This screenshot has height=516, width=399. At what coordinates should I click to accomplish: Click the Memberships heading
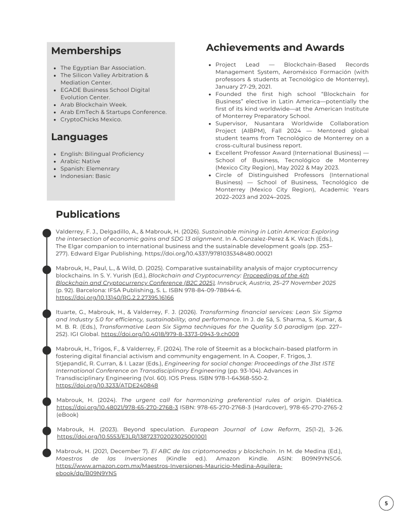tap(86, 51)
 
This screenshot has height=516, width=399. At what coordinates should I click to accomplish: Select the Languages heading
tap(79, 137)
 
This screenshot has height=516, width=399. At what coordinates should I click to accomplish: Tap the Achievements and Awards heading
tap(275, 48)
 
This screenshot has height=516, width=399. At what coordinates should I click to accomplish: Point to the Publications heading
tap(88, 214)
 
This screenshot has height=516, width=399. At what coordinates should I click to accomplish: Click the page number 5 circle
tap(386, 503)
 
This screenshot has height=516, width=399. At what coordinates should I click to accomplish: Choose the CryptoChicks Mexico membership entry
tap(91, 120)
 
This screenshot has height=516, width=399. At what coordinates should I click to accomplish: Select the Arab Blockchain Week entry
tap(93, 104)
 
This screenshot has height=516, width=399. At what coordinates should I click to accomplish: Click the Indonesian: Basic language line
tap(85, 176)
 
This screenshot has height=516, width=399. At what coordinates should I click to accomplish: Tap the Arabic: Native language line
tap(80, 161)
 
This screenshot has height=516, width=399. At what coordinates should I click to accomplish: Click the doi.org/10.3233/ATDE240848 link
tap(107, 385)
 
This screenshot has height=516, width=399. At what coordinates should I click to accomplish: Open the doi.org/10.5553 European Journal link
tap(132, 436)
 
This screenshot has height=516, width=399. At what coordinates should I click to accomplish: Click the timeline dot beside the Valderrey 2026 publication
tap(47, 232)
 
